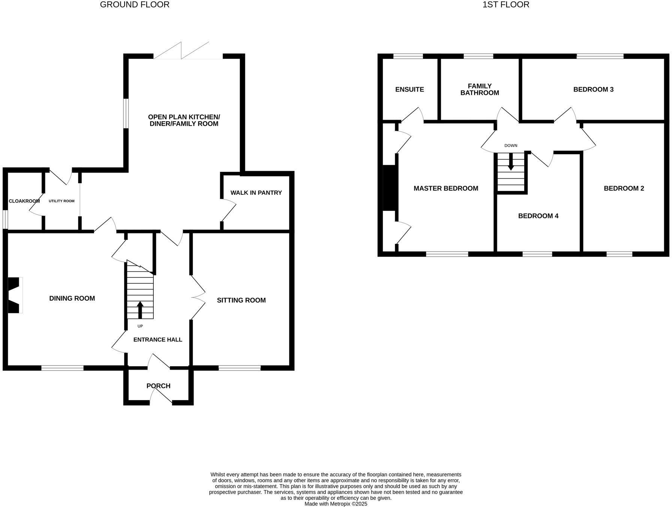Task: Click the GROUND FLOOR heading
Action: point(135,5)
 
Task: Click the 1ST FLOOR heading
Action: point(505,5)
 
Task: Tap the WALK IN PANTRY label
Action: point(256,193)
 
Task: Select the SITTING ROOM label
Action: point(241,300)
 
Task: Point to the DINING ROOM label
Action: point(72,298)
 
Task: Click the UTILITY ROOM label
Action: point(61,201)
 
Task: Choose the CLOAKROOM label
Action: point(24,201)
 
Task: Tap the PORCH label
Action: point(158,386)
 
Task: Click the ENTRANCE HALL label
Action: point(157,340)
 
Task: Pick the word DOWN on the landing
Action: point(511,146)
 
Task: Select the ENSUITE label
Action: point(409,89)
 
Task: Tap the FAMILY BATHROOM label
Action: point(480,89)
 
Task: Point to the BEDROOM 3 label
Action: point(593,89)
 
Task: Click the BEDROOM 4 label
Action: point(538,216)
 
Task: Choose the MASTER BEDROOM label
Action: point(446,188)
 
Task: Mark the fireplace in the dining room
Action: point(15,295)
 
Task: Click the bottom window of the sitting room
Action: point(240,368)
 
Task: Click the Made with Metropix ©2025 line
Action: point(336,504)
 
